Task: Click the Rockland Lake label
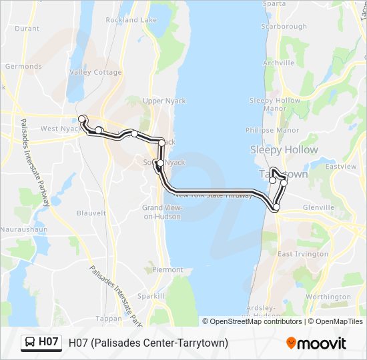pyautogui.click(x=131, y=20)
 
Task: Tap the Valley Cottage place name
pyautogui.click(x=91, y=72)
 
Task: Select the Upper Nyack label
pyautogui.click(x=164, y=101)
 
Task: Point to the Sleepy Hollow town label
pyautogui.click(x=284, y=150)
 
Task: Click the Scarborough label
pyautogui.click(x=284, y=27)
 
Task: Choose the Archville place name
pyautogui.click(x=279, y=63)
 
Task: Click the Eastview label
pyautogui.click(x=341, y=165)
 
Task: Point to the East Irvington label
pyautogui.click(x=303, y=254)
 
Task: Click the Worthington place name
pyautogui.click(x=328, y=297)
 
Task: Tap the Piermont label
pyautogui.click(x=167, y=270)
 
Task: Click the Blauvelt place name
pyautogui.click(x=91, y=213)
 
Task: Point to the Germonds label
pyautogui.click(x=23, y=67)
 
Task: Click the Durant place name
pyautogui.click(x=27, y=29)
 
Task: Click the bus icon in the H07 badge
pyautogui.click(x=30, y=343)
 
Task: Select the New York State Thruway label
pyautogui.click(x=213, y=196)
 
